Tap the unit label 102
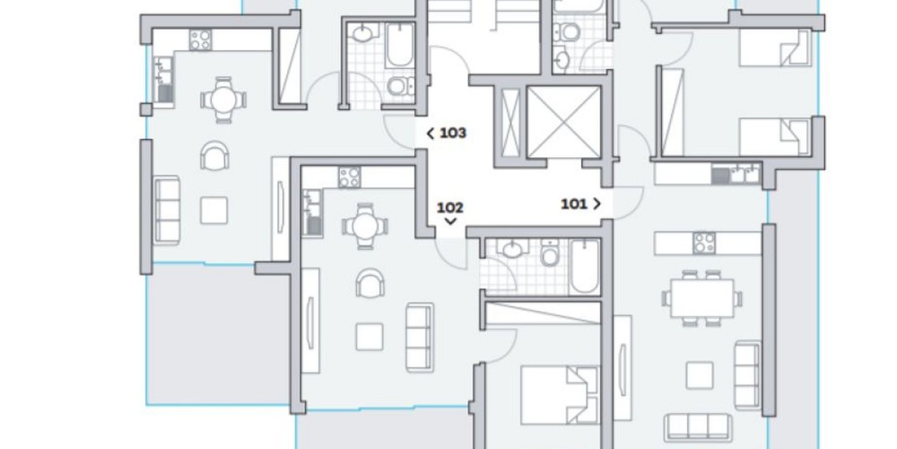[x=450, y=207]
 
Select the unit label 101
[x=574, y=204]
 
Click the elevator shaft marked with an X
[x=563, y=121]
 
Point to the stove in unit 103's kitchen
[x=200, y=40]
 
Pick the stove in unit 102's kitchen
[x=349, y=177]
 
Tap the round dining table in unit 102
[x=365, y=226]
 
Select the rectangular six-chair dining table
[x=702, y=298]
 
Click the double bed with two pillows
[x=560, y=395]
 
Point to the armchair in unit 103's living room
[x=214, y=155]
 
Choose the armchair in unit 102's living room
[x=370, y=283]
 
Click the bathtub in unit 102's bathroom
[x=584, y=267]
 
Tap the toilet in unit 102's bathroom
[x=550, y=252]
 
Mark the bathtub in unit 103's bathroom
[x=400, y=45]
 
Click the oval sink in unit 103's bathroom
[x=361, y=32]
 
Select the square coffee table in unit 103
[x=214, y=210]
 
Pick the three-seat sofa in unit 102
[x=419, y=338]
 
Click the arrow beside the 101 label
[x=597, y=204]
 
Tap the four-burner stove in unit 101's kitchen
[x=704, y=242]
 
